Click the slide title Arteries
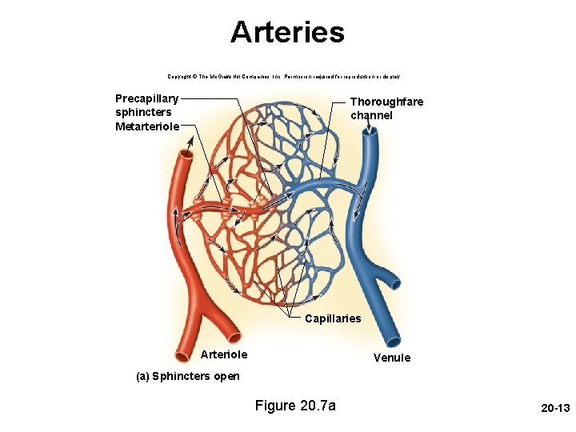click(x=287, y=33)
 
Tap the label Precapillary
click(x=147, y=99)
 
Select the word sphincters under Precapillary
click(x=143, y=113)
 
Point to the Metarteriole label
click(x=147, y=126)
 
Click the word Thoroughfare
click(x=386, y=102)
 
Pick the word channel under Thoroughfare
click(x=371, y=116)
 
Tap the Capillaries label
click(x=333, y=318)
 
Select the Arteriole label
click(x=224, y=354)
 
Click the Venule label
click(x=392, y=358)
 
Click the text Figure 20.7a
click(x=295, y=406)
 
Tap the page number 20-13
click(x=554, y=408)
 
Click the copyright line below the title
click(x=284, y=76)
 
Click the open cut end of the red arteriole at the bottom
click(x=234, y=334)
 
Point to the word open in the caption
click(x=226, y=376)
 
